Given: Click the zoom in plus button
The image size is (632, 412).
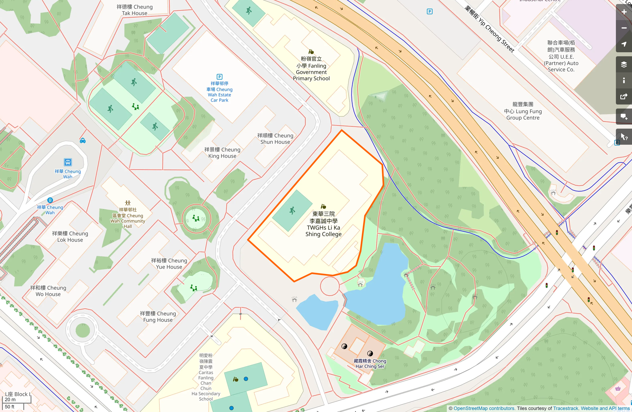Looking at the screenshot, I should [x=624, y=12].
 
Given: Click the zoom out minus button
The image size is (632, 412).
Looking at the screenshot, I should [x=624, y=28].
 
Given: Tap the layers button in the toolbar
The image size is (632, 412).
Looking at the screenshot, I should [x=624, y=64].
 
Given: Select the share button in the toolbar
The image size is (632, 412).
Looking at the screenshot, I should [x=624, y=97].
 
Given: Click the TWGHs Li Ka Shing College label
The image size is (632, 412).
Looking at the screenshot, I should [x=323, y=224].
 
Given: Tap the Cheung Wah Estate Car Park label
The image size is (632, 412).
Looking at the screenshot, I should [x=219, y=92].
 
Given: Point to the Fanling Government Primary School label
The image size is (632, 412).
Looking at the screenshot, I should [x=311, y=69].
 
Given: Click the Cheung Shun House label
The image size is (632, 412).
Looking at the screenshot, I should [x=275, y=139].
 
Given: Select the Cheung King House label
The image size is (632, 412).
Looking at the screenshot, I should [x=222, y=153].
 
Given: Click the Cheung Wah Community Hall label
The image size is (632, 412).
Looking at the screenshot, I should [x=128, y=218].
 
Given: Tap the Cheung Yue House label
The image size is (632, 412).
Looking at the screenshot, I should [x=169, y=264].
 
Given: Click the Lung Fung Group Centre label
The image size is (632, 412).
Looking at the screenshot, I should [x=523, y=111].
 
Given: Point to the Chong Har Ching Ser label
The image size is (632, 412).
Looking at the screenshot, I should [x=370, y=364].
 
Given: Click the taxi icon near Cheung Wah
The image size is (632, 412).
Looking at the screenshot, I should [x=83, y=141].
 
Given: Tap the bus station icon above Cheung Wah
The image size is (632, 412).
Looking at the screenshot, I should [x=68, y=162].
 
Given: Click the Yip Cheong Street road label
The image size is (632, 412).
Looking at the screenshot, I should [x=489, y=29].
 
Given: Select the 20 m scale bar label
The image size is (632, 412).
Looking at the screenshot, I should [x=10, y=400].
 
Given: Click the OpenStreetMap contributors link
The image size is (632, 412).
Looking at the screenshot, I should [x=484, y=408].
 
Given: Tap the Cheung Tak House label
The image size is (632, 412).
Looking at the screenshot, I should [x=135, y=10].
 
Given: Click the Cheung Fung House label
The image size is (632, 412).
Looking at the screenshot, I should [x=158, y=317].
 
